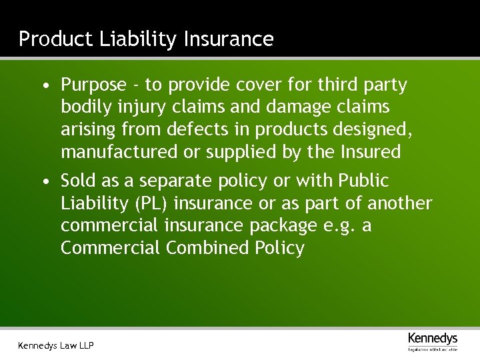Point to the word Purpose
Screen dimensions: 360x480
coord(93,85)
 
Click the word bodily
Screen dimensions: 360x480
coord(83,107)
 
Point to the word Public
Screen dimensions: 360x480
coord(363,181)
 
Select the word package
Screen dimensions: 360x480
coord(282,226)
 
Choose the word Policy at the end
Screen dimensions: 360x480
coord(279,248)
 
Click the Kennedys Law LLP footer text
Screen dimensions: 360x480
coord(56,345)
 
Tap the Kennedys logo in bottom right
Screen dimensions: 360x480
coord(433,341)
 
